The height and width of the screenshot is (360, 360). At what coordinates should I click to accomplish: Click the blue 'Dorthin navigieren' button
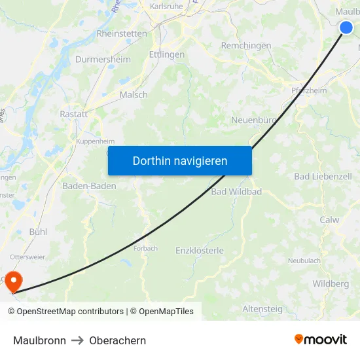pyautogui.click(x=180, y=160)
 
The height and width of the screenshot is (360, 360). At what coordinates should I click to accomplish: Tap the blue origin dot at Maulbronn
pyautogui.click(x=346, y=27)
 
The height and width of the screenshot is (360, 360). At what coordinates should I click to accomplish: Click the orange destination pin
pyautogui.click(x=12, y=282)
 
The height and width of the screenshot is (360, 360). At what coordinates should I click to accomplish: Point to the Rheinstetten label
pyautogui.click(x=122, y=33)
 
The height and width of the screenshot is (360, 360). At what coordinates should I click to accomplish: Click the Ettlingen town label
pyautogui.click(x=166, y=55)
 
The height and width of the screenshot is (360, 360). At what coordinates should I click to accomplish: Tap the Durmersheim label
pyautogui.click(x=103, y=60)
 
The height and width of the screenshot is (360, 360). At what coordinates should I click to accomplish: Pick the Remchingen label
pyautogui.click(x=246, y=46)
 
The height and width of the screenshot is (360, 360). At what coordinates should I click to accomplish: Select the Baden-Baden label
pyautogui.click(x=89, y=186)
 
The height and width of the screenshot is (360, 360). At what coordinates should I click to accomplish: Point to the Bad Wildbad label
pyautogui.click(x=236, y=192)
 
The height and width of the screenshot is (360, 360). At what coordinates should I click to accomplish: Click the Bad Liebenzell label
pyautogui.click(x=323, y=177)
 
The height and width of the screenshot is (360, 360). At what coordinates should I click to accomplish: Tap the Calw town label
pyautogui.click(x=329, y=220)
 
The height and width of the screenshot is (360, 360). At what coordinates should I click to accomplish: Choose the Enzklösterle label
pyautogui.click(x=200, y=251)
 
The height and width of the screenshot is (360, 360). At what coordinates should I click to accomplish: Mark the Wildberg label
pyautogui.click(x=331, y=284)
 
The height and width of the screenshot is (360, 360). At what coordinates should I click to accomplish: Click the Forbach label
pyautogui.click(x=145, y=249)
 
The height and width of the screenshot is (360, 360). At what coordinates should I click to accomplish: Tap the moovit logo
pyautogui.click(x=320, y=340)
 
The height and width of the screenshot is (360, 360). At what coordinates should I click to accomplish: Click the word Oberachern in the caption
pyautogui.click(x=118, y=340)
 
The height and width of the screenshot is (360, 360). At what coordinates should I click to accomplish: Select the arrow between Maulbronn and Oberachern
pyautogui.click(x=78, y=340)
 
